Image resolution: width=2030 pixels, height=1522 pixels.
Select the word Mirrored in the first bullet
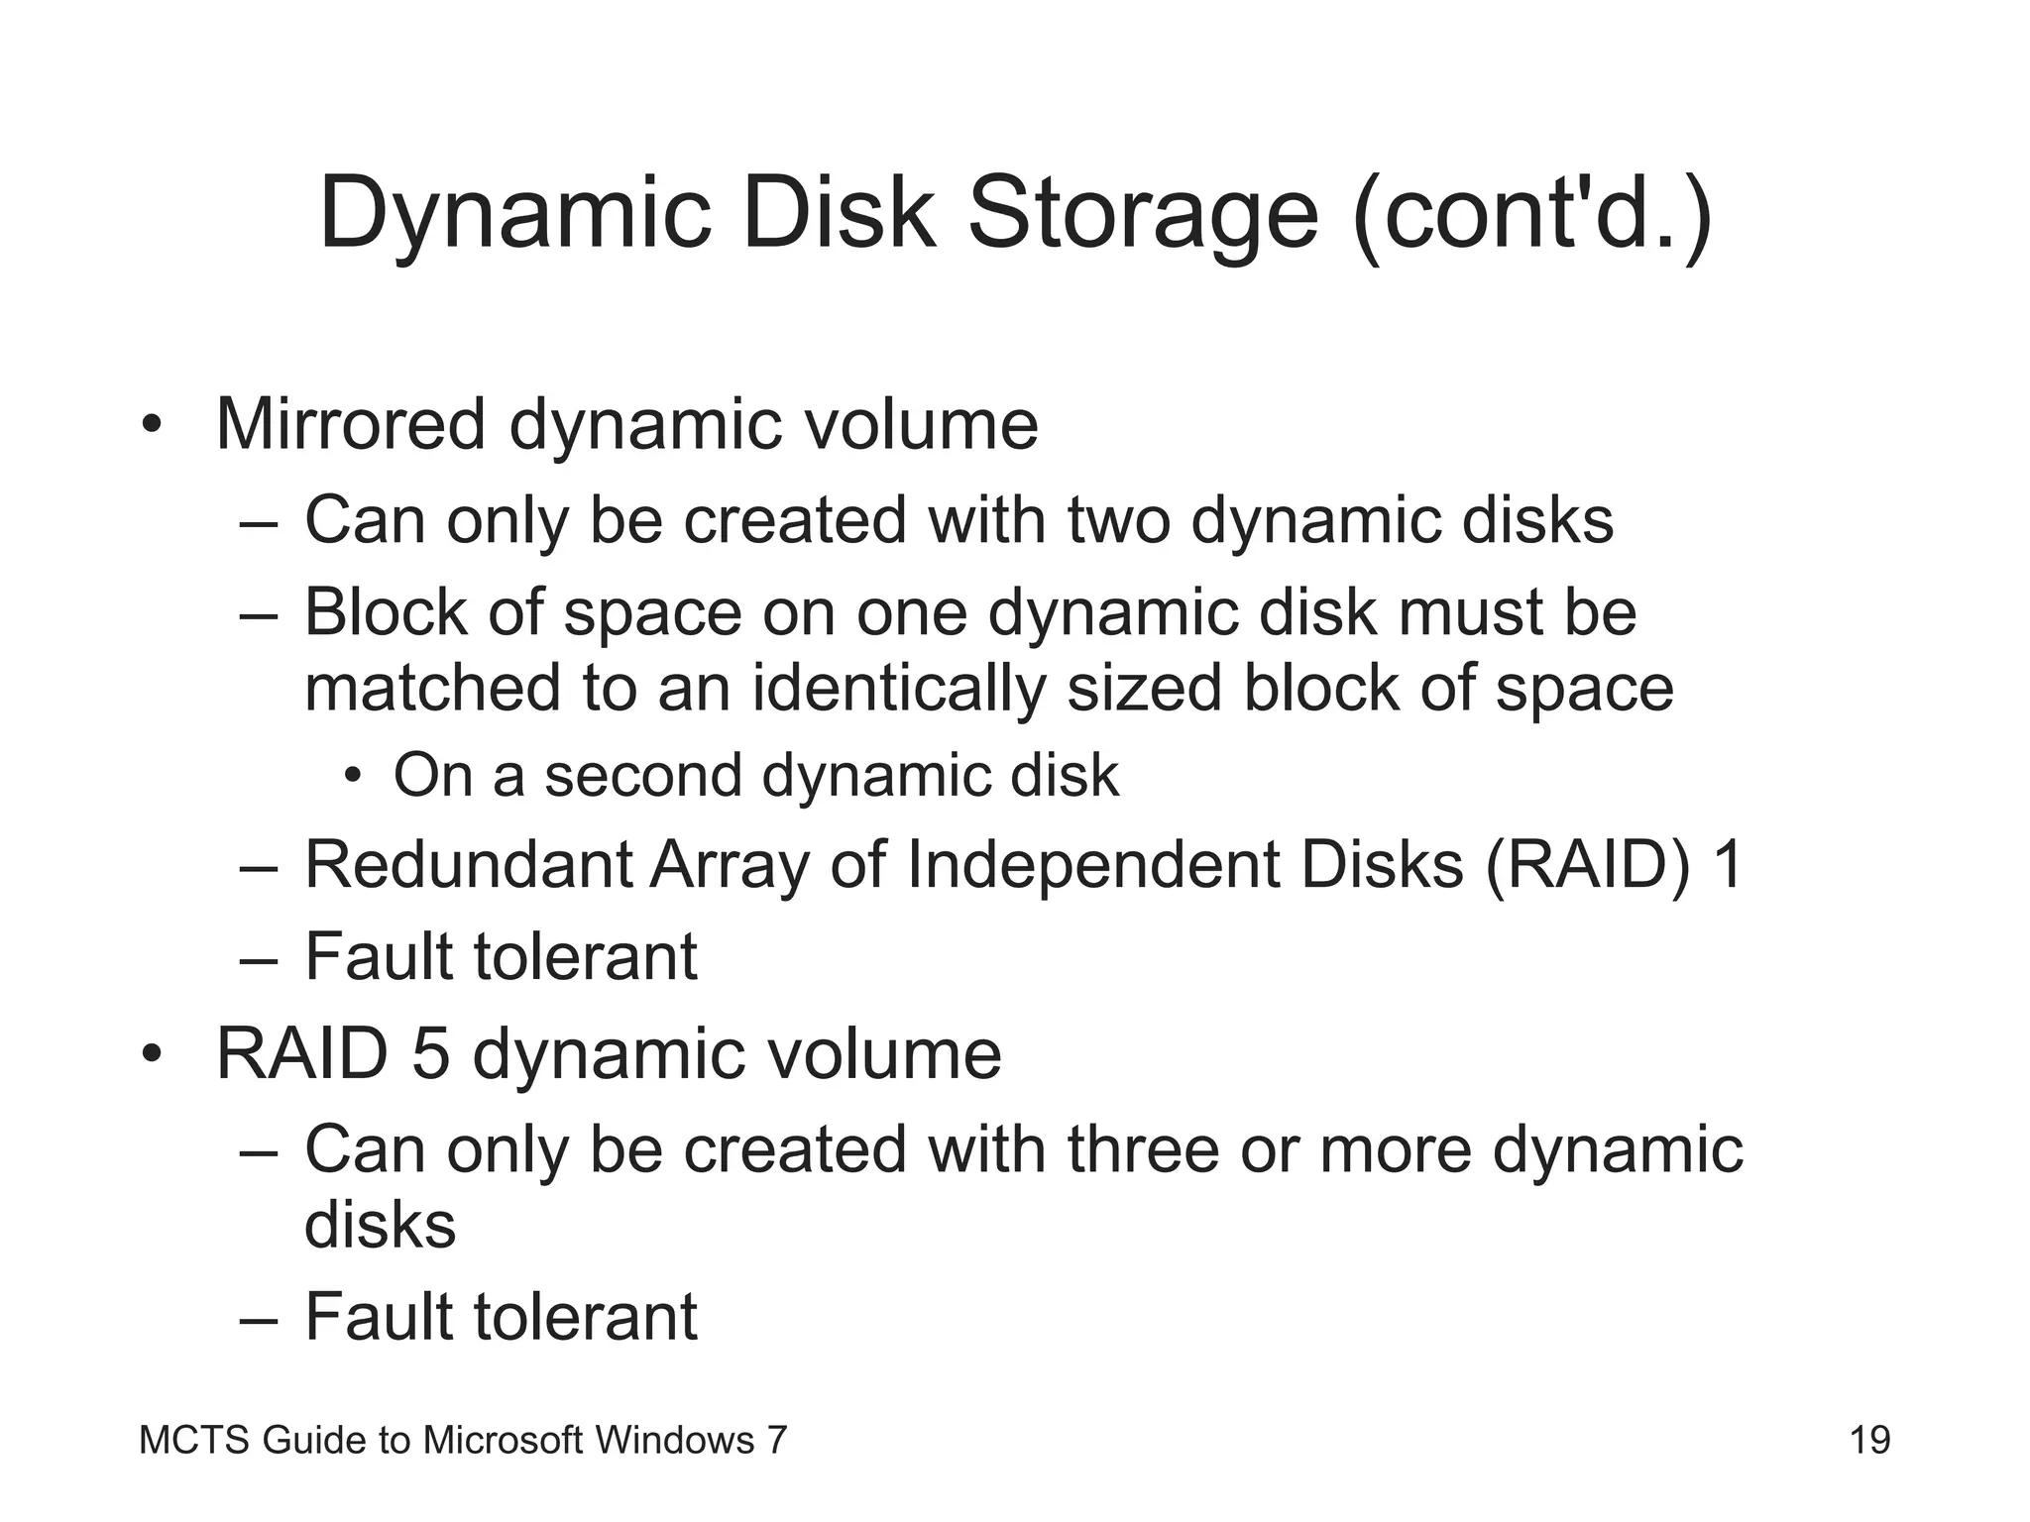coord(350,424)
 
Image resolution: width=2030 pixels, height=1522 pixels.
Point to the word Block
coord(385,611)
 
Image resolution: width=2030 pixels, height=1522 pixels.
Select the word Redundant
coord(468,864)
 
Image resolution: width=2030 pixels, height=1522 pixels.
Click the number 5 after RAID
coord(430,1053)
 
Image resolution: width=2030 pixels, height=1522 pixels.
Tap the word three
coord(1143,1149)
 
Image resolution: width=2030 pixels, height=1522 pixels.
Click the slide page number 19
coord(1869,1440)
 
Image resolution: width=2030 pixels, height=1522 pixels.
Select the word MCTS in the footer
coord(194,1440)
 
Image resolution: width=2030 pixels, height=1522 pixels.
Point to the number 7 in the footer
coord(776,1440)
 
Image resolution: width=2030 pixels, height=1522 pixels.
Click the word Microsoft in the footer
coord(503,1440)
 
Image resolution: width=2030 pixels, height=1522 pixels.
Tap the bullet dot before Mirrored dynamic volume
coord(151,427)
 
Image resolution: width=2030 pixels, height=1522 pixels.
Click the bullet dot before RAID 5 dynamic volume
coord(151,1056)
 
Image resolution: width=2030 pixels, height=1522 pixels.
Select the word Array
coord(730,864)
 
